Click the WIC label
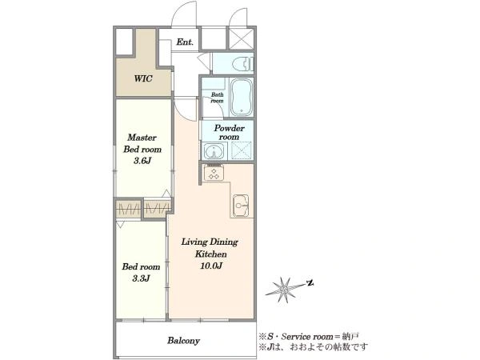click(x=143, y=78)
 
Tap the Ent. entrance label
click(x=185, y=42)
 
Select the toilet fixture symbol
click(x=243, y=64)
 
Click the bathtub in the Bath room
click(x=242, y=97)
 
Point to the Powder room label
click(x=229, y=132)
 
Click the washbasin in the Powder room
click(x=214, y=151)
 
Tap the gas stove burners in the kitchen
click(x=214, y=173)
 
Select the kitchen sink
click(x=242, y=205)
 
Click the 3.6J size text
click(x=142, y=161)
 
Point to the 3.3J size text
click(x=141, y=278)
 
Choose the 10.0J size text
click(x=211, y=266)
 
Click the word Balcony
click(x=183, y=341)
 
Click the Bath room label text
click(x=217, y=98)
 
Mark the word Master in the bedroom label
click(x=142, y=138)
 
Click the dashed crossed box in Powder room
click(x=242, y=150)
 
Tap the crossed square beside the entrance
click(x=242, y=39)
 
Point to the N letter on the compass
click(x=310, y=283)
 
